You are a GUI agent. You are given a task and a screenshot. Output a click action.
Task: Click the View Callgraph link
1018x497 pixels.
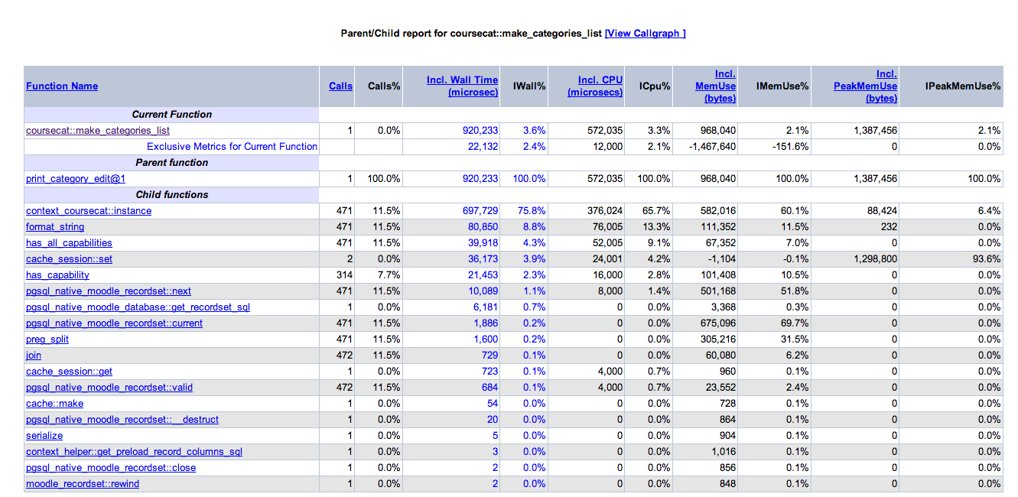pyautogui.click(x=645, y=33)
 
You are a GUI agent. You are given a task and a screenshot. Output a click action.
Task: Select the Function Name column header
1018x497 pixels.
pyautogui.click(x=62, y=86)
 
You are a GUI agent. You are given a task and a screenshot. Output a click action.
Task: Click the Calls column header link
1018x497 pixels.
pyautogui.click(x=340, y=86)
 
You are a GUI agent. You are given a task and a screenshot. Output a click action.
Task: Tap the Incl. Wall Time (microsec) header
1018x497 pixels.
pyautogui.click(x=462, y=86)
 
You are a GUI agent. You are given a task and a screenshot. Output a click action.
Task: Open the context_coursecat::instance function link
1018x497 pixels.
pyautogui.click(x=89, y=211)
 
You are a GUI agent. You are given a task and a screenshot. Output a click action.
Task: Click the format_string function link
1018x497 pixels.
pyautogui.click(x=55, y=226)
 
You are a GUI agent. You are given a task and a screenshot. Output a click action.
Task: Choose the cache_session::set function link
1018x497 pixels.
pyautogui.click(x=69, y=259)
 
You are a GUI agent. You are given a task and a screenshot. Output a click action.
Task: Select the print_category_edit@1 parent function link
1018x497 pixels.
pyautogui.click(x=76, y=179)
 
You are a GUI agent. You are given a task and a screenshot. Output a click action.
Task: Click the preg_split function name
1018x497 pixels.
pyautogui.click(x=47, y=339)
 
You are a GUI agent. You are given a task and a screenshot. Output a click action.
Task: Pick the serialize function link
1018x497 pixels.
pyautogui.click(x=44, y=436)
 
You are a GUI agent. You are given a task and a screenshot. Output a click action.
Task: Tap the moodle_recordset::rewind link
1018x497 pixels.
pyautogui.click(x=83, y=484)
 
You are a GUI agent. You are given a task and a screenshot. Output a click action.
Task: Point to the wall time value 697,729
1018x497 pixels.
pyautogui.click(x=480, y=211)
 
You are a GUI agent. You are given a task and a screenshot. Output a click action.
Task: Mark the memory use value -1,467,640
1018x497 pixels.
pyautogui.click(x=712, y=147)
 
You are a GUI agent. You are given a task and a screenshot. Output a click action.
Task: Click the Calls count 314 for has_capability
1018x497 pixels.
pyautogui.click(x=344, y=274)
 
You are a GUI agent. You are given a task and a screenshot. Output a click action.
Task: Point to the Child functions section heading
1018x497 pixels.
pyautogui.click(x=172, y=194)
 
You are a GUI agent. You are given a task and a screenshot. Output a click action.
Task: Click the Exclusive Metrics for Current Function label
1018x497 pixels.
pyautogui.click(x=232, y=147)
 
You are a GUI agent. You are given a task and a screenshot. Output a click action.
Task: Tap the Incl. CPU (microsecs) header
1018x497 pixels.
pyautogui.click(x=595, y=86)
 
